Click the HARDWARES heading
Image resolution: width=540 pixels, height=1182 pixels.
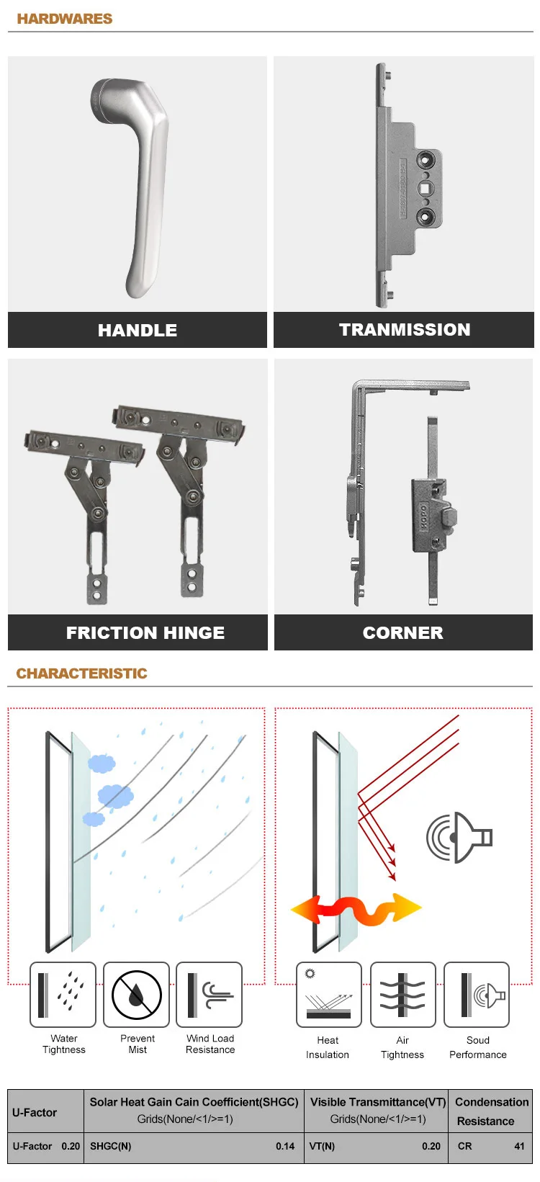64,19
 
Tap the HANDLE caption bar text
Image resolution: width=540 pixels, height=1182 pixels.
137,331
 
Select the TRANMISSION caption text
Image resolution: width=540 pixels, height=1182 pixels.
405,330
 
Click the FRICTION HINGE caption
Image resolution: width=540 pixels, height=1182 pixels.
145,632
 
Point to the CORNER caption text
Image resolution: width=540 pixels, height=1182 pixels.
403,632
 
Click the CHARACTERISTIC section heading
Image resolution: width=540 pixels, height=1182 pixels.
82,673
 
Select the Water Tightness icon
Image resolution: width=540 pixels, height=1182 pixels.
63,995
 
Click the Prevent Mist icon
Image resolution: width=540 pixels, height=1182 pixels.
136,995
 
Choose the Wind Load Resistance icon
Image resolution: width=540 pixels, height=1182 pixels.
209,995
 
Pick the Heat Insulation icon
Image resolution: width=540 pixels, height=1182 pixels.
329,995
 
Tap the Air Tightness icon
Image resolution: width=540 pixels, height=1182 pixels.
403,995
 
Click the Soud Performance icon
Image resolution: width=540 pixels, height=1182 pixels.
477,995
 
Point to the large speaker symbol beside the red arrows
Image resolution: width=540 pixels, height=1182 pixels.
459,838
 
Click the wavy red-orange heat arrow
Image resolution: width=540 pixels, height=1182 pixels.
356,909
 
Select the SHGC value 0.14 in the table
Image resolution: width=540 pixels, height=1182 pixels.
285,1146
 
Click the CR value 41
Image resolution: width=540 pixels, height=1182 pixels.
519,1146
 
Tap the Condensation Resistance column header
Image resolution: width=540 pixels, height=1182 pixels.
491,1111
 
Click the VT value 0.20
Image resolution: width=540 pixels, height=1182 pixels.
431,1146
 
